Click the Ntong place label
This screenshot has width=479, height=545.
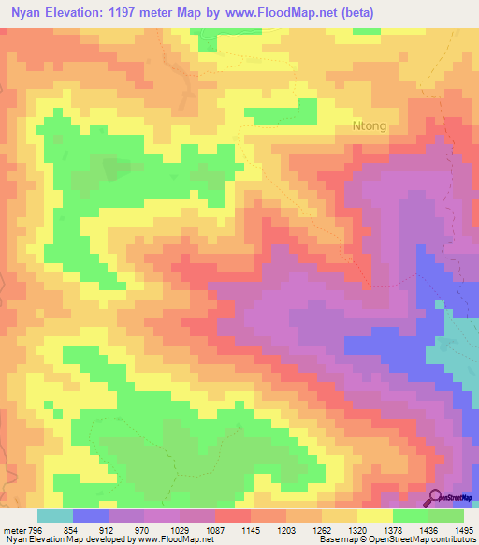(369, 125)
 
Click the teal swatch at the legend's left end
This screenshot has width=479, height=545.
(55, 517)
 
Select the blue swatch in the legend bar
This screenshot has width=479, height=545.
(91, 517)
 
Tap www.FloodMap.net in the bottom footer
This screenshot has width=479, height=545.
(172, 539)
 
